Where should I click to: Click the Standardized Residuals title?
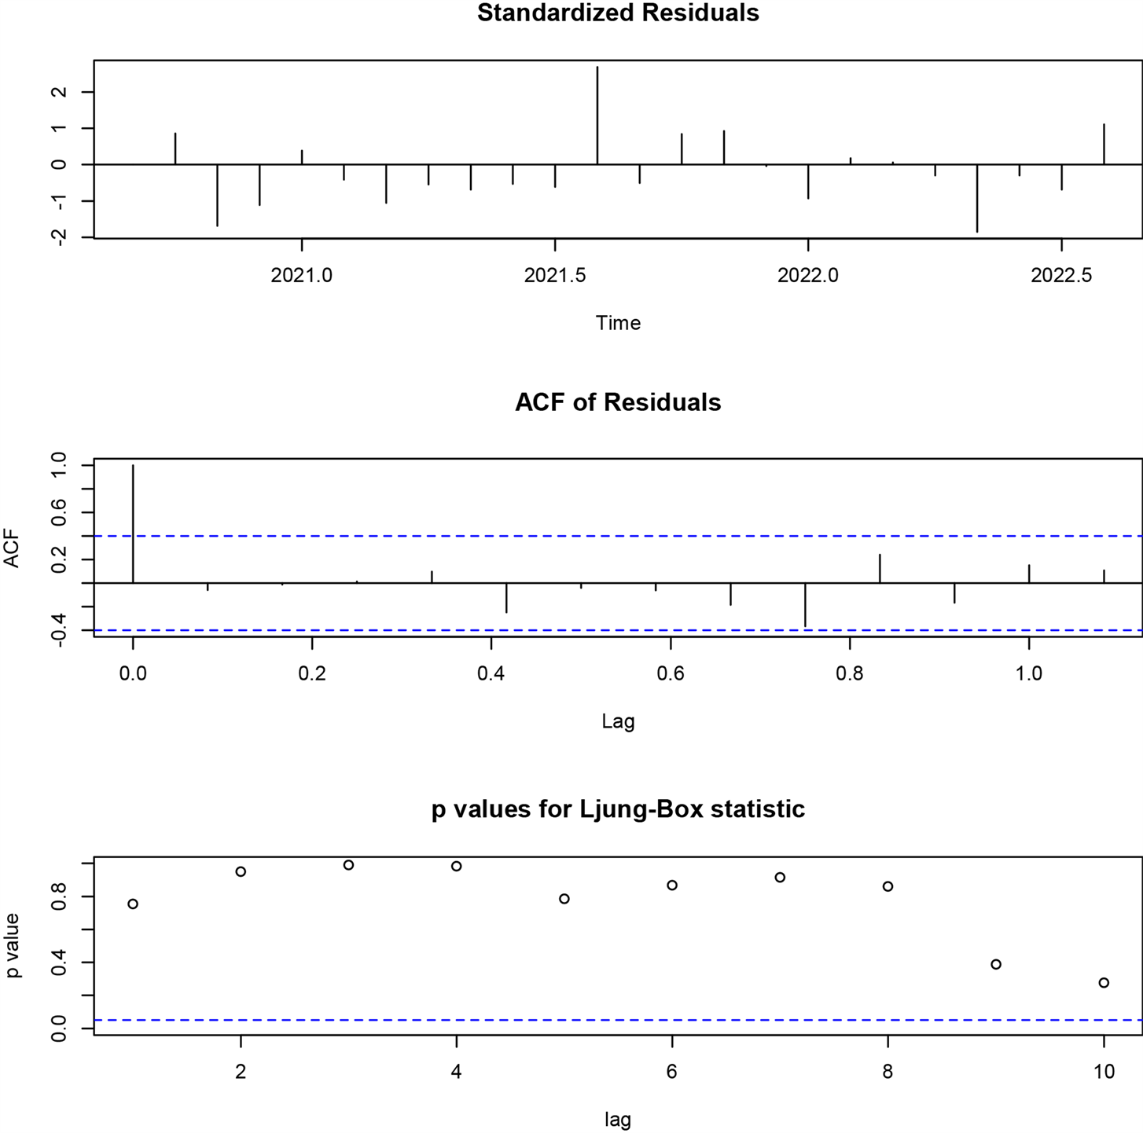[x=618, y=13]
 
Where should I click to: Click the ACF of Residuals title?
[x=618, y=402]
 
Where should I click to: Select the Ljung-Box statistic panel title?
[x=618, y=809]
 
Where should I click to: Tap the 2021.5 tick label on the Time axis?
[x=555, y=276]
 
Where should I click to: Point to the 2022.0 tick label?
[x=808, y=276]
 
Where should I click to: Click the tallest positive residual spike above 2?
[x=597, y=110]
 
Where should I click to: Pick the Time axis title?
[x=618, y=323]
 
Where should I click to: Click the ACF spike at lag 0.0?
[x=133, y=523]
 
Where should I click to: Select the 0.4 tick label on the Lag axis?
[x=491, y=673]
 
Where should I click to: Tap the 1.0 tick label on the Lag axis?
[x=1028, y=673]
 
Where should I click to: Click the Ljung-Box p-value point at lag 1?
[x=133, y=904]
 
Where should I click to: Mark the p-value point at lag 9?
[x=996, y=964]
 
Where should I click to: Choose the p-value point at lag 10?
[x=1104, y=982]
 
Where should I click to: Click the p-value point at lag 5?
[x=564, y=899]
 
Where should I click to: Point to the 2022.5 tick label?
[x=1061, y=276]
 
